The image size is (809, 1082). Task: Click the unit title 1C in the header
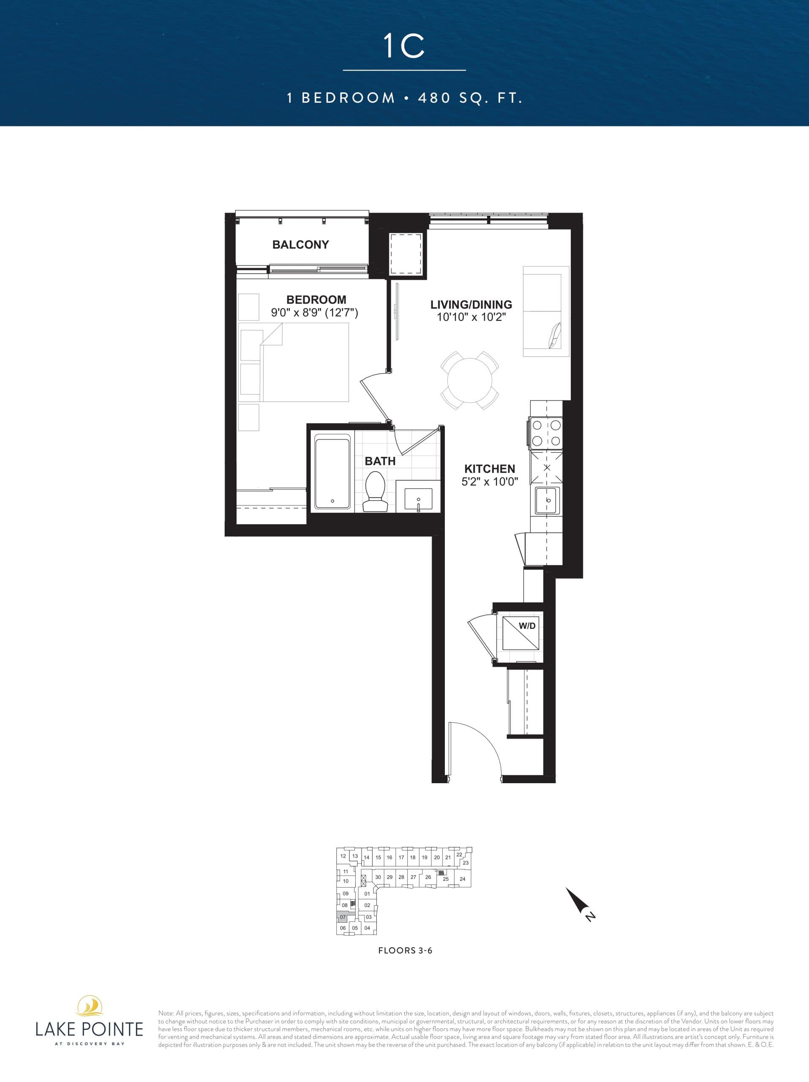(404, 46)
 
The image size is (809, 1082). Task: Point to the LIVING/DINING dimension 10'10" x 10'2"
(471, 317)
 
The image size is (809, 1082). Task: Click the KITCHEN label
(489, 469)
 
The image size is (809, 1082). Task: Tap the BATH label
(380, 461)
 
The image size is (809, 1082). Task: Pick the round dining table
(470, 380)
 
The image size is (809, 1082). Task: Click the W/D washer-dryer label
(526, 626)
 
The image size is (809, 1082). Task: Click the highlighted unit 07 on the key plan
(343, 917)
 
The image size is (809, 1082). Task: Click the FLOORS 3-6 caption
(405, 951)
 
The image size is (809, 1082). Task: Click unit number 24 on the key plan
(463, 879)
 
